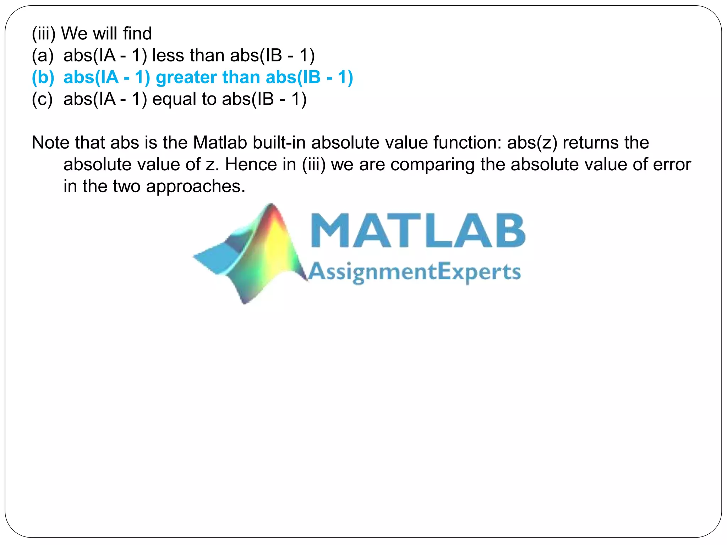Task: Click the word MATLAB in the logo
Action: [x=418, y=231]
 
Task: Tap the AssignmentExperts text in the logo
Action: [x=414, y=272]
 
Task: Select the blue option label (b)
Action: [x=43, y=77]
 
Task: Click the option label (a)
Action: [x=43, y=56]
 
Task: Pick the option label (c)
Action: [x=42, y=99]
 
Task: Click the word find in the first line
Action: [x=137, y=34]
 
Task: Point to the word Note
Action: [x=50, y=143]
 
